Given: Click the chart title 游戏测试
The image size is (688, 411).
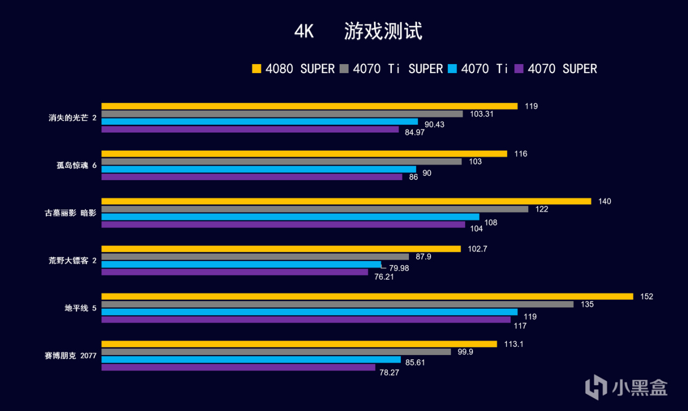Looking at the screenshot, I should pyautogui.click(x=383, y=32).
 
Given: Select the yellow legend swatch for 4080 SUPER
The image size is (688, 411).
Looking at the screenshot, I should pyautogui.click(x=256, y=69).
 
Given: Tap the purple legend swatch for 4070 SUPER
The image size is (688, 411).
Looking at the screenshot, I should pyautogui.click(x=519, y=69).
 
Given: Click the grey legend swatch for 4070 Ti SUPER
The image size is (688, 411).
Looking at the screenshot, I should pyautogui.click(x=345, y=69).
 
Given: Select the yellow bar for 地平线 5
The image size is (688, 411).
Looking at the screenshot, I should pyautogui.click(x=367, y=296).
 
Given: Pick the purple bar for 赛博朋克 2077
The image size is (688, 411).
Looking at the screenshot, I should pyautogui.click(x=238, y=367).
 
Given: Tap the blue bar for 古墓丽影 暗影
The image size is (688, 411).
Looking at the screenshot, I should pyautogui.click(x=290, y=217).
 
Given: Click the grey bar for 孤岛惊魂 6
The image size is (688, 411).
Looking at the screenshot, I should pyautogui.click(x=281, y=161).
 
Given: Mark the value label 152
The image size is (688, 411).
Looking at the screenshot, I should pyautogui.click(x=646, y=296).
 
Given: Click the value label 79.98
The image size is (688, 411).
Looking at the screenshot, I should pyautogui.click(x=399, y=267).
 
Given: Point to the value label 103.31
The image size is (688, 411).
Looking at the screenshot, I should pyautogui.click(x=482, y=114).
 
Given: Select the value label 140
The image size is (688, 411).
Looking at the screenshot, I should pyautogui.click(x=605, y=201).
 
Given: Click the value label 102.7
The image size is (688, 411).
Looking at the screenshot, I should pyautogui.click(x=478, y=249).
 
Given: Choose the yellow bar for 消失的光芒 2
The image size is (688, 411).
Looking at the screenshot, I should pyautogui.click(x=309, y=106).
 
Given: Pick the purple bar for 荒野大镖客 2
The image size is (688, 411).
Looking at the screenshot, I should pyautogui.click(x=234, y=272).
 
